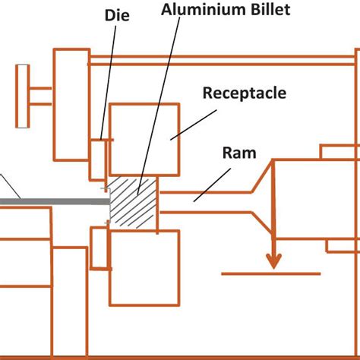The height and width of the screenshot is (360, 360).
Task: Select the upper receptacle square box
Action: [144, 138]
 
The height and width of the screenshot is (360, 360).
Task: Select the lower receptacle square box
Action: [144, 266]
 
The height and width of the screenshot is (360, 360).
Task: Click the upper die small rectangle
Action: [98, 158]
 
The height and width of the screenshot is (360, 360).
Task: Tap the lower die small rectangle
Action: [98, 248]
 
